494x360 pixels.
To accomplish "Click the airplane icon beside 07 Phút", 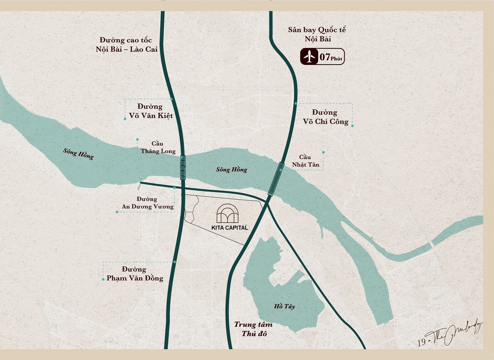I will pyautogui.click(x=310, y=57).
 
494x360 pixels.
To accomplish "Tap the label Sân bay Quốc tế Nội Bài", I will pyautogui.click(x=317, y=34).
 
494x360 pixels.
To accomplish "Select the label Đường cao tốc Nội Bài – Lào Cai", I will pyautogui.click(x=126, y=45).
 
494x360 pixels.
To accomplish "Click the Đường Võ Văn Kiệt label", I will pyautogui.click(x=151, y=111).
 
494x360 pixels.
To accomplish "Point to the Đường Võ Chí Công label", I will pyautogui.click(x=325, y=117).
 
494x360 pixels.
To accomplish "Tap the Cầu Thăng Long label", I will pyautogui.click(x=158, y=147).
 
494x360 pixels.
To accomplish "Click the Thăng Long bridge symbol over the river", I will pyautogui.click(x=183, y=168).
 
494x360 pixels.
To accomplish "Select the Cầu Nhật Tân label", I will pyautogui.click(x=305, y=161).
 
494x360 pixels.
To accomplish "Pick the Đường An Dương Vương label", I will pyautogui.click(x=147, y=203).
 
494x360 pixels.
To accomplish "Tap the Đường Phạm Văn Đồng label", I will pyautogui.click(x=135, y=274).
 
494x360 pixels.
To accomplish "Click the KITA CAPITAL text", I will pyautogui.click(x=229, y=228).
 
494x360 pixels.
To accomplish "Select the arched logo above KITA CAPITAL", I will pyautogui.click(x=228, y=213).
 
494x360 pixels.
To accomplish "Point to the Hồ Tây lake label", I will pyautogui.click(x=284, y=306).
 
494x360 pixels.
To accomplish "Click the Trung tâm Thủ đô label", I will pyautogui.click(x=253, y=329).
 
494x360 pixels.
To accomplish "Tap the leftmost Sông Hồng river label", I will pyautogui.click(x=78, y=154).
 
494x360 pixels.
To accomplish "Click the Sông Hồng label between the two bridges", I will pyautogui.click(x=231, y=169).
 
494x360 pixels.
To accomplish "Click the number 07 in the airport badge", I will pyautogui.click(x=325, y=57).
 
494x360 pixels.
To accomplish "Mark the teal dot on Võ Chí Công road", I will pyautogui.click(x=296, y=104).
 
